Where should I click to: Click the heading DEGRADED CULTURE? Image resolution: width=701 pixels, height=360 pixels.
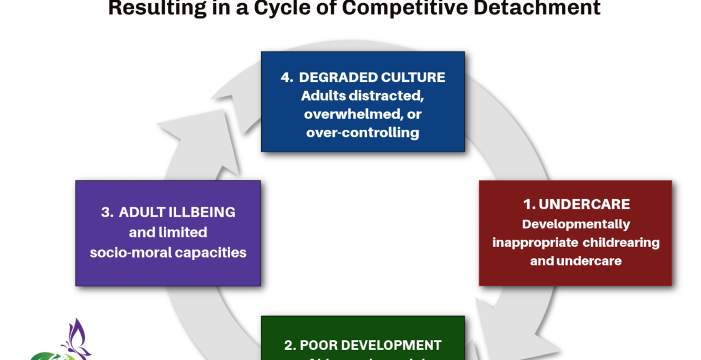372,78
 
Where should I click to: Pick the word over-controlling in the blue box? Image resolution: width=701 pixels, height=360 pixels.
362,132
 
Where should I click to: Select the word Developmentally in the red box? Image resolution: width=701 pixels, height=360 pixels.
576,224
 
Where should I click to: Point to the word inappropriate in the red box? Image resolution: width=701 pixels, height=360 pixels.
530,242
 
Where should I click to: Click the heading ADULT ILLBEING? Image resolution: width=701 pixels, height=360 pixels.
177,212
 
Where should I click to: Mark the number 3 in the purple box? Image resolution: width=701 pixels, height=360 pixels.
105,212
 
